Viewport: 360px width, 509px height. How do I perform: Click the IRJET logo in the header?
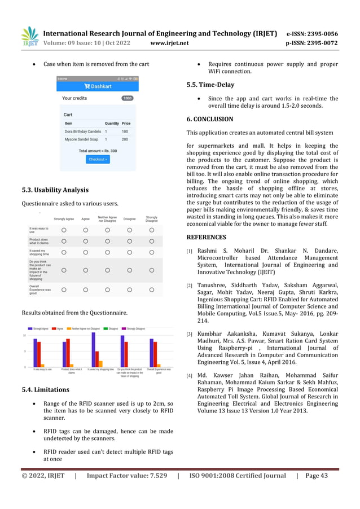tap(29, 37)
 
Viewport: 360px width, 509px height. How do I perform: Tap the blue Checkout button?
tap(98, 159)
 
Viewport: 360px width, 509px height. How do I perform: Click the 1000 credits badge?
tap(128, 98)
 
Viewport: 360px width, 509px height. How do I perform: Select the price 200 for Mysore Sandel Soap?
tap(125, 139)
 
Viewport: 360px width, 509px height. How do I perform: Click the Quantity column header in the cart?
tap(112, 123)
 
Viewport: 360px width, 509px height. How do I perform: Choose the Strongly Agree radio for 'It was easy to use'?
tap(64, 230)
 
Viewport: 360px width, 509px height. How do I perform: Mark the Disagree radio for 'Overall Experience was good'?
tap(129, 289)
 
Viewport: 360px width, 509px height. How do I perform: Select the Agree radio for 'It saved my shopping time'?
tap(86, 253)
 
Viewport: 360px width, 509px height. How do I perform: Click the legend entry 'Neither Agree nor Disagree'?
tap(85, 328)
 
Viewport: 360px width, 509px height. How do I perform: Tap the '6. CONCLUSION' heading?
tap(209, 119)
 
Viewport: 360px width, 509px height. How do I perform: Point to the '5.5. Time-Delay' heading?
tap(210, 85)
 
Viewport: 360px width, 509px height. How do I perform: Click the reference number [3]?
tap(190, 335)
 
